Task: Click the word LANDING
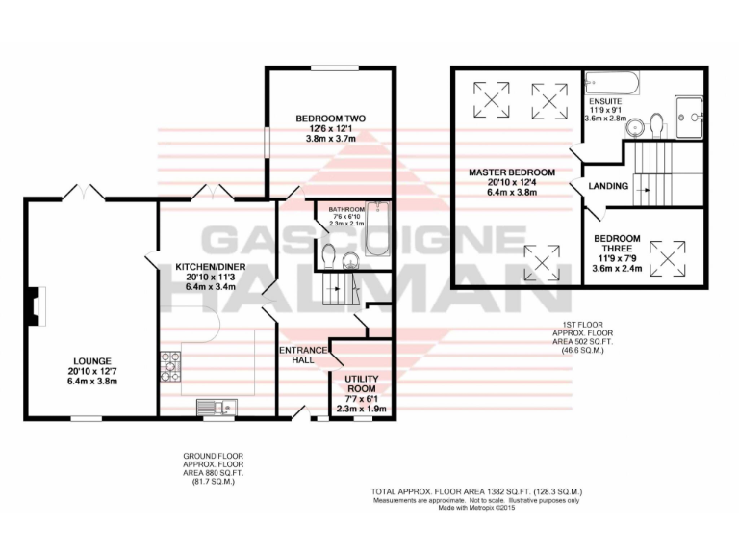click(x=609, y=186)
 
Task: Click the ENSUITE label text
click(x=605, y=100)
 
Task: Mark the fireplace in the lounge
click(x=37, y=306)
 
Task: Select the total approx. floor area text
click(x=476, y=491)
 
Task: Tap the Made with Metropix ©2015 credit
click(x=476, y=507)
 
